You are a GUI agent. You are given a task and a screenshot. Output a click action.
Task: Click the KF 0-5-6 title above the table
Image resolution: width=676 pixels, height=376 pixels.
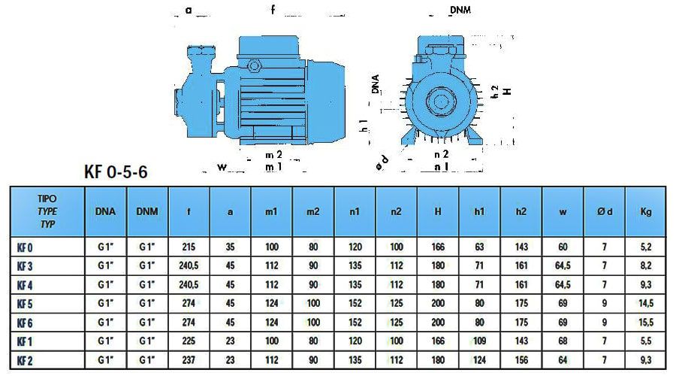(116, 171)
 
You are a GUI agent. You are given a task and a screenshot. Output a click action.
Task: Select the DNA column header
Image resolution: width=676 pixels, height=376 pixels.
(105, 211)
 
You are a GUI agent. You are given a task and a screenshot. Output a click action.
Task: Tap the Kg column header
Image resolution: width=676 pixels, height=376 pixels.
(646, 211)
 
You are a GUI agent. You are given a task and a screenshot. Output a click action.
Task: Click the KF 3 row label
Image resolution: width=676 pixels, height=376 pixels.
(25, 266)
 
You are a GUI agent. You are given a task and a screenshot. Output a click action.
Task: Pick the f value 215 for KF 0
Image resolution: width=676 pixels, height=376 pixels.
(189, 247)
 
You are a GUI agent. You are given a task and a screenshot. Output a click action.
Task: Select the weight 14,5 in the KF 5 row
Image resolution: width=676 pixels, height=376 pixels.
(646, 304)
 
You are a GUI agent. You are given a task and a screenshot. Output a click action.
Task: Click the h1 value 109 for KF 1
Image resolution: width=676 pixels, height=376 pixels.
(479, 341)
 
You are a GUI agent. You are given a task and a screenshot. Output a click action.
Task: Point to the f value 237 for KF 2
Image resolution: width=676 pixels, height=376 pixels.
(189, 360)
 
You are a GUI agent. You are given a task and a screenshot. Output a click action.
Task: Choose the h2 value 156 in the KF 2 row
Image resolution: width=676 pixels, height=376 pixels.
(521, 360)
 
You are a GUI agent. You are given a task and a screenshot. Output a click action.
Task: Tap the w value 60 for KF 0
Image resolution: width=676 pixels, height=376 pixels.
(563, 247)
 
